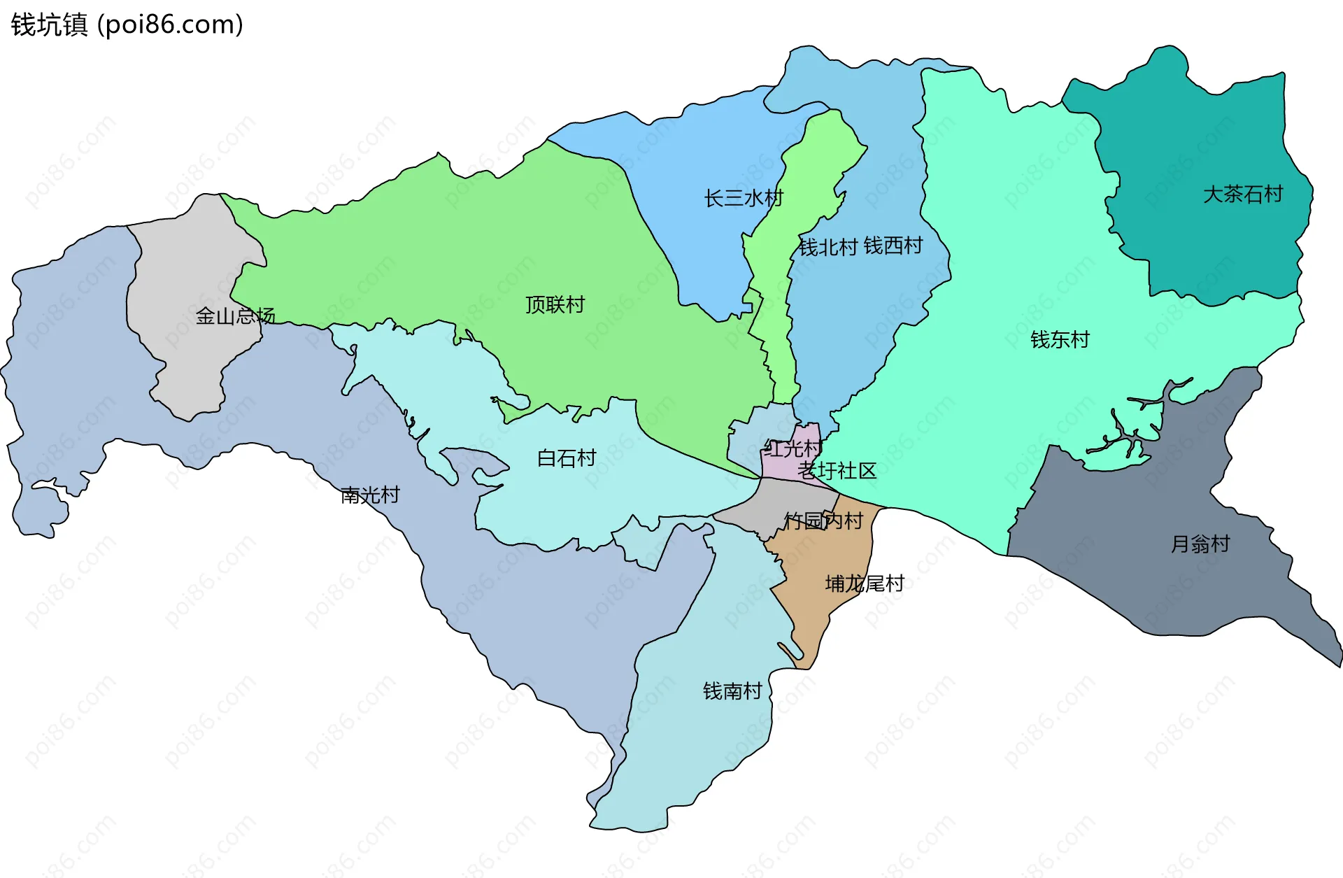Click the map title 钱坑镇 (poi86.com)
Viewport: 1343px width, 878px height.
click(x=127, y=24)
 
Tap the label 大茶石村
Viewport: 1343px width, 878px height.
click(x=1242, y=194)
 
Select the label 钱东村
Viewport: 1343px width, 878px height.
click(x=1060, y=339)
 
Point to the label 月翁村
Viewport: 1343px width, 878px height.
click(x=1200, y=544)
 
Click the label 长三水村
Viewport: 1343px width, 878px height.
click(x=744, y=198)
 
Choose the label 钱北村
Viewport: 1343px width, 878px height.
click(x=828, y=247)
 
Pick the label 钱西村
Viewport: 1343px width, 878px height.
click(x=893, y=246)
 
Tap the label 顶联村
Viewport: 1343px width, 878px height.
click(x=555, y=304)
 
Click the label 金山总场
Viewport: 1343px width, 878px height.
click(x=235, y=316)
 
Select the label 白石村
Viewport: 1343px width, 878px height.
click(x=566, y=458)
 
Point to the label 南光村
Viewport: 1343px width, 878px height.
click(x=370, y=495)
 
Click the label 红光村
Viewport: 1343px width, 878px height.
click(x=793, y=448)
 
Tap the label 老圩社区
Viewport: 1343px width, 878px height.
click(x=837, y=470)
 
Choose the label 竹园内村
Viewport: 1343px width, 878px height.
click(x=823, y=521)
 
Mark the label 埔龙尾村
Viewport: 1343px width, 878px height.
click(x=865, y=583)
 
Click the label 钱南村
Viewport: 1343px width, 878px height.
click(x=732, y=691)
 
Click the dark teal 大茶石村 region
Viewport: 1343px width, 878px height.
click(x=1203, y=245)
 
